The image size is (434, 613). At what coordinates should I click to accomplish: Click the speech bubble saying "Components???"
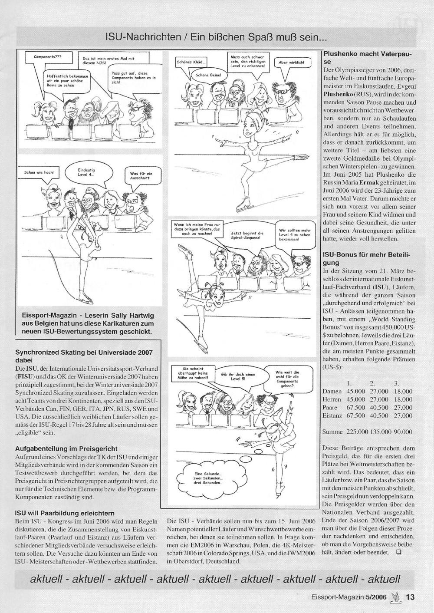pos(48,57)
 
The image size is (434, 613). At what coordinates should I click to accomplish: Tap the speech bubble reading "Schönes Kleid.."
pos(191,62)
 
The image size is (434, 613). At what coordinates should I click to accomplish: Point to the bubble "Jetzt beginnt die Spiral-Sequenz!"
pos(247,236)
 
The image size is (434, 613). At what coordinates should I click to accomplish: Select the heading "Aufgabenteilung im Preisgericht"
pos(66,448)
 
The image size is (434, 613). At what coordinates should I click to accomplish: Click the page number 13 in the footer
pos(410,597)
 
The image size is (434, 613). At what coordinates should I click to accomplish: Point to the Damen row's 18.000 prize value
pos(403,391)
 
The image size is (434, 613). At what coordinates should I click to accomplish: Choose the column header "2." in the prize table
pos(373,383)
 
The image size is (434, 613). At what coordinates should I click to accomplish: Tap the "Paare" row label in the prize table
pos(331,408)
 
